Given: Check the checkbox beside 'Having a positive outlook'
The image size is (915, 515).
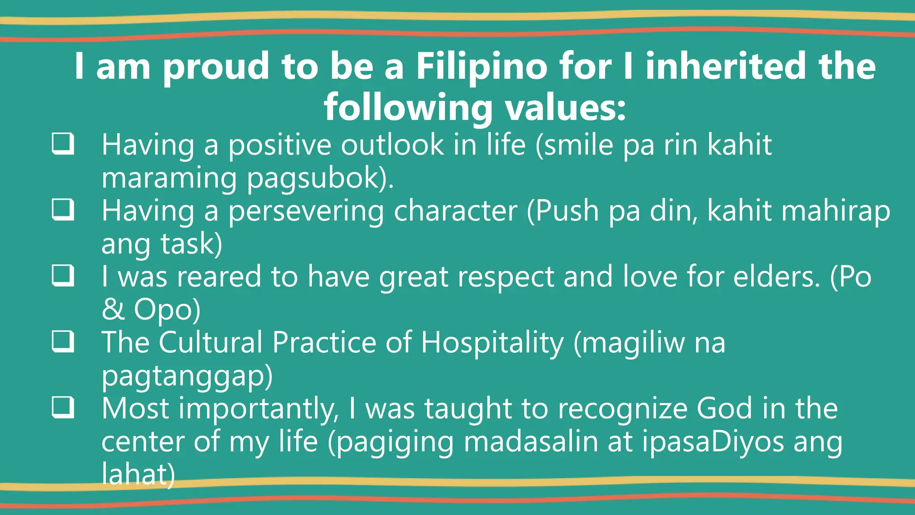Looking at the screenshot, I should pos(63,144).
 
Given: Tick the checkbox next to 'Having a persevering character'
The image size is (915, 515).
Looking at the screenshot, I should pos(63,209).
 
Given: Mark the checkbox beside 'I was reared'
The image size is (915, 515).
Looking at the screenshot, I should pos(63,275).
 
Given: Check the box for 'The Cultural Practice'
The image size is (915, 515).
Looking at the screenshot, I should pos(63,341).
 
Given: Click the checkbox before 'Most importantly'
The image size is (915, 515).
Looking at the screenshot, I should pos(63,407).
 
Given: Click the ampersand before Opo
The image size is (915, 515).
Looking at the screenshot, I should pos(113,309).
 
